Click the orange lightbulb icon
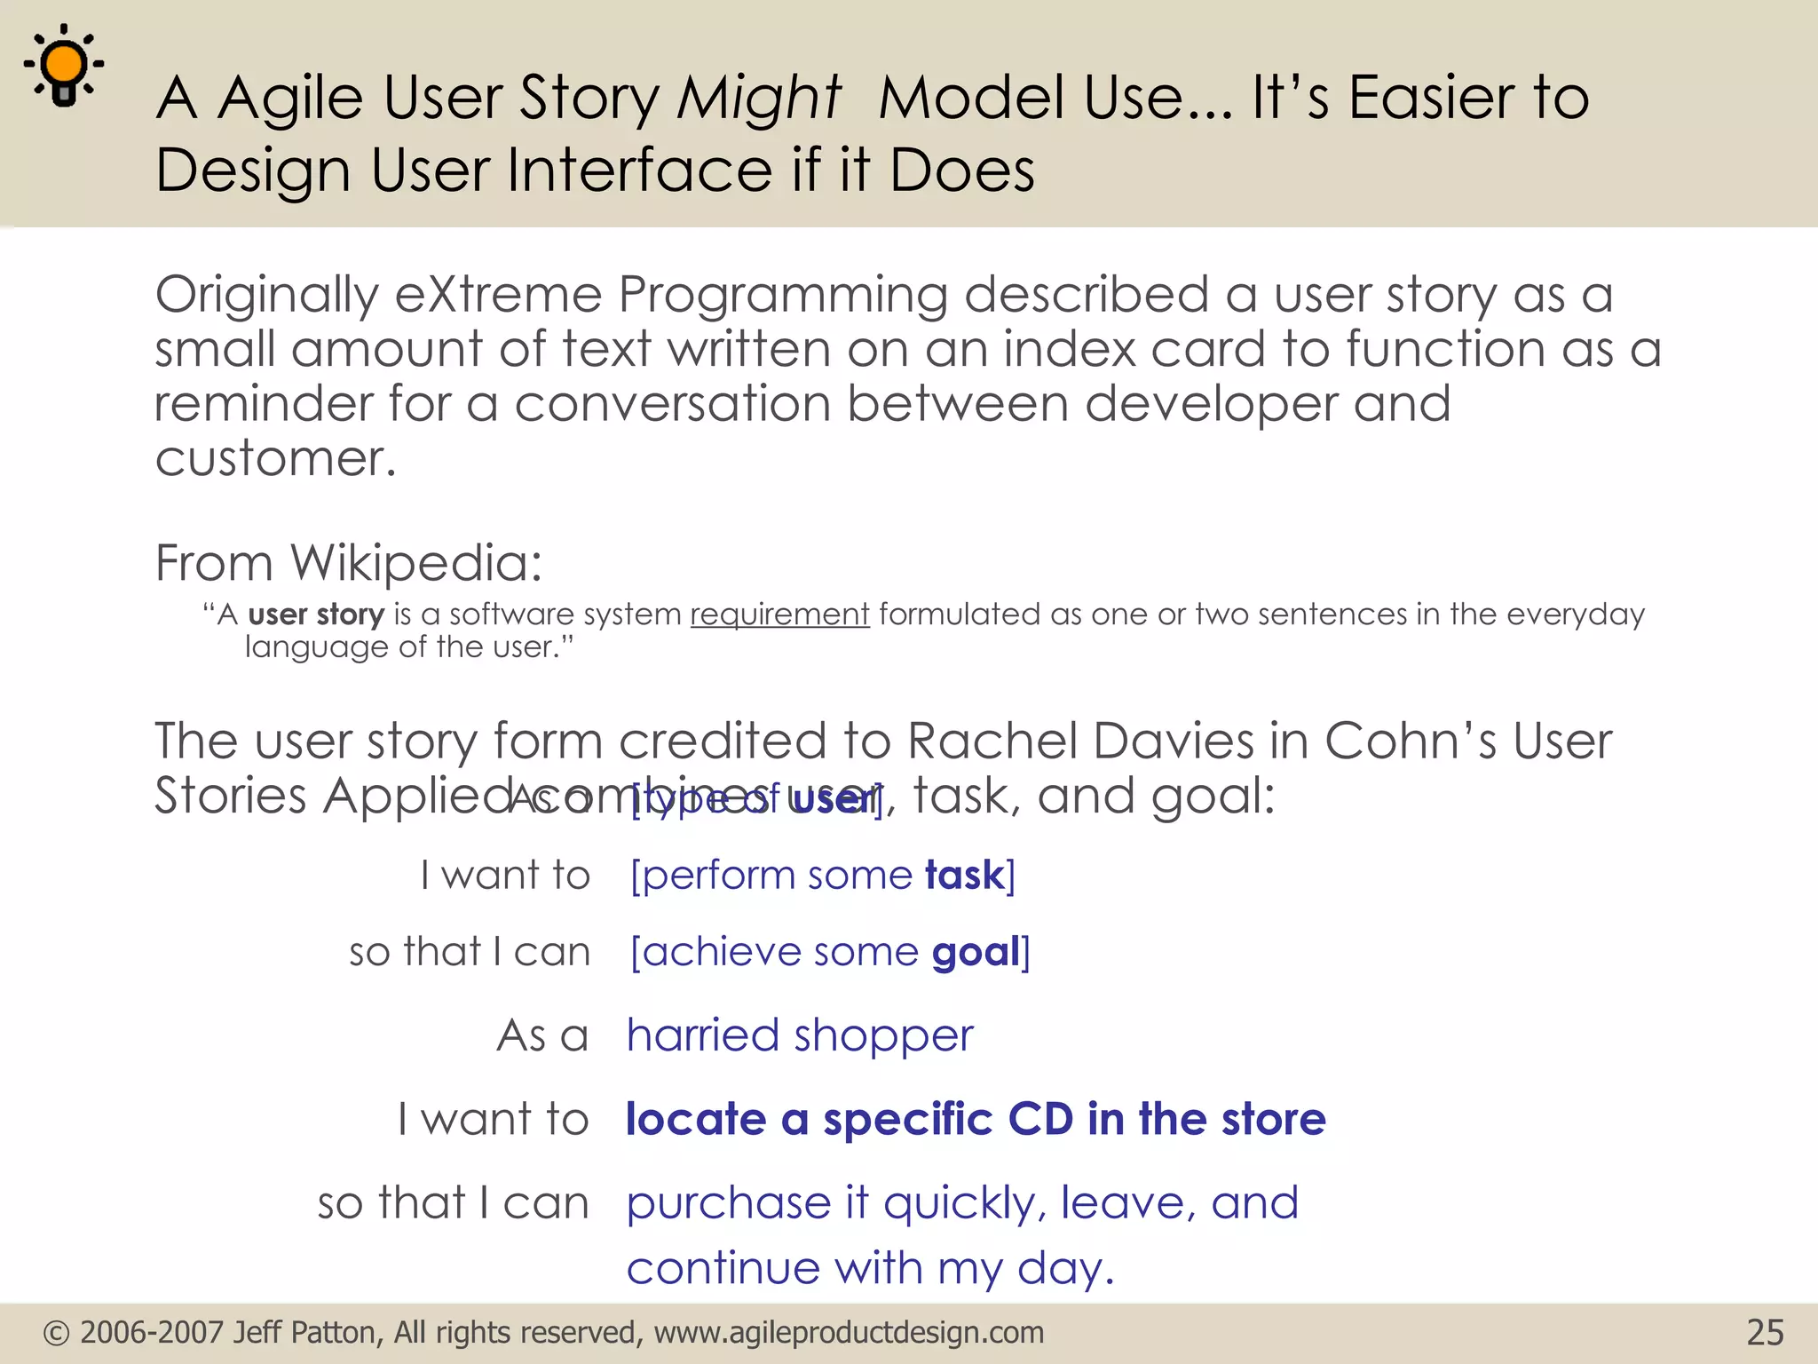coord(64,65)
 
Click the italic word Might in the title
coord(757,97)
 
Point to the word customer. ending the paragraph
coord(275,459)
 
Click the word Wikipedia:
coord(415,563)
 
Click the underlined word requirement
coord(779,615)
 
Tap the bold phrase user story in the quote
coord(315,615)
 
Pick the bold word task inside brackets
coord(963,876)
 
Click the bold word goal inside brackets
coord(976,952)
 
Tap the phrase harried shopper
coord(799,1035)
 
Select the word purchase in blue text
coord(728,1204)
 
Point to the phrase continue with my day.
coord(869,1268)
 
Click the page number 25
coord(1764,1333)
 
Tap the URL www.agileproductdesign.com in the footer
coord(848,1333)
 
